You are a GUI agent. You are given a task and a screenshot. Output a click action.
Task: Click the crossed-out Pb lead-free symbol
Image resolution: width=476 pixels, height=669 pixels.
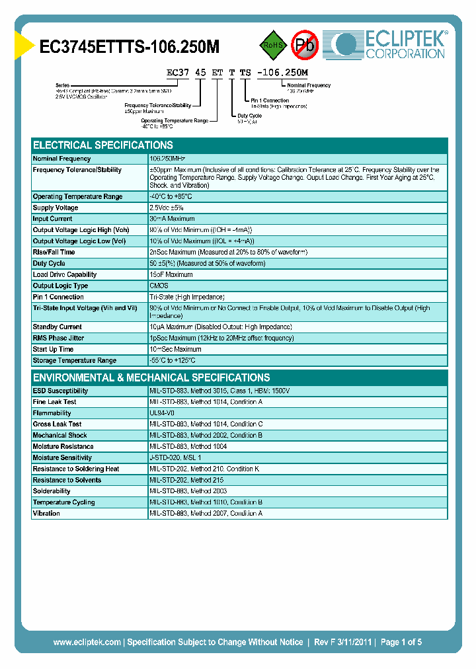[x=305, y=46]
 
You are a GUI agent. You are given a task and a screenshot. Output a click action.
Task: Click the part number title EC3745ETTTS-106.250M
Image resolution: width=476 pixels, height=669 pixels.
[x=130, y=46]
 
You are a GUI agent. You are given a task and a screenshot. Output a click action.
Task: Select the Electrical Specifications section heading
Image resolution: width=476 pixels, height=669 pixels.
[x=103, y=145]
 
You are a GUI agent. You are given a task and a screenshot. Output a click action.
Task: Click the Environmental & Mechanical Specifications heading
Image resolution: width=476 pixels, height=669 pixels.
[x=151, y=377]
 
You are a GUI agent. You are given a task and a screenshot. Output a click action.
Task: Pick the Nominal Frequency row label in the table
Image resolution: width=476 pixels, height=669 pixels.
[x=62, y=159]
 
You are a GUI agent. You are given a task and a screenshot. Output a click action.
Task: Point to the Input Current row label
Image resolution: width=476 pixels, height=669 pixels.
[x=53, y=219]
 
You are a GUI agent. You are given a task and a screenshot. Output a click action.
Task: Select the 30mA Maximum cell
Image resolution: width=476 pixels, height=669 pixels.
[x=173, y=219]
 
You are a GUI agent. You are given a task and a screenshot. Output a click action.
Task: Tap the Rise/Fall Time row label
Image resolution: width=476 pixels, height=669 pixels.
[x=54, y=252]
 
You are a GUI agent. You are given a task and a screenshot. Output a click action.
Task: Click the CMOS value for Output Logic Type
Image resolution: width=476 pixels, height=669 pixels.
[x=158, y=286]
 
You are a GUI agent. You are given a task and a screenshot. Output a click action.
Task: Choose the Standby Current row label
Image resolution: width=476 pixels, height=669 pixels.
[x=57, y=327]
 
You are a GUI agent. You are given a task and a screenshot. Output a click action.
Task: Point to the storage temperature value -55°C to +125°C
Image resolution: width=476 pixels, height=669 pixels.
[x=173, y=360]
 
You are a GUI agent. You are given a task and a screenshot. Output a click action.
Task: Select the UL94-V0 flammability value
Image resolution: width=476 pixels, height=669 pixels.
[x=162, y=413]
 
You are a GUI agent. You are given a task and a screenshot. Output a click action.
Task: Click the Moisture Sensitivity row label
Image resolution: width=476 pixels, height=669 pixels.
[x=62, y=457]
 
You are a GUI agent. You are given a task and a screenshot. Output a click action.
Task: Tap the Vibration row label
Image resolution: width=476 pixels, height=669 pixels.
[x=46, y=513]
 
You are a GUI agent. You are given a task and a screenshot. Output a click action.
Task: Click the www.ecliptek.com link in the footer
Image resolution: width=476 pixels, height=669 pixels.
[x=87, y=642]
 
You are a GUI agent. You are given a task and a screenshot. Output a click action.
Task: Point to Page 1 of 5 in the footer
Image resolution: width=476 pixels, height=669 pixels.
[x=399, y=642]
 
